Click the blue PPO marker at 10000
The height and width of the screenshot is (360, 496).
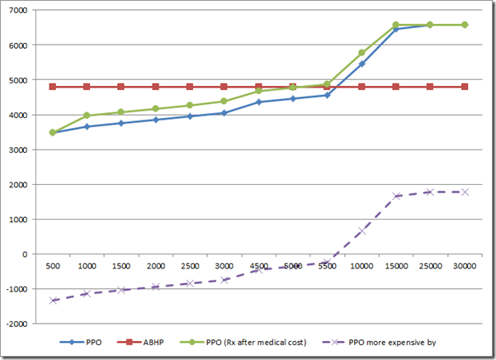tap(361, 64)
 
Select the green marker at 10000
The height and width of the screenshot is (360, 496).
tap(361, 53)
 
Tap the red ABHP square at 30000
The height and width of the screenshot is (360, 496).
tap(465, 87)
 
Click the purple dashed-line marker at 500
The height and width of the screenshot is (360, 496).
tap(53, 301)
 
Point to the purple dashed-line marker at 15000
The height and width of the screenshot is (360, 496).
tap(396, 196)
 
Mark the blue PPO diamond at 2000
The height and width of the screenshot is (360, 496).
tap(155, 120)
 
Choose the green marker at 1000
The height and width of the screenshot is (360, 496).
tap(87, 116)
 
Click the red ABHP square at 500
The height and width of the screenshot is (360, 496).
tap(53, 87)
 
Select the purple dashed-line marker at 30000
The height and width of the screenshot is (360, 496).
tap(465, 192)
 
